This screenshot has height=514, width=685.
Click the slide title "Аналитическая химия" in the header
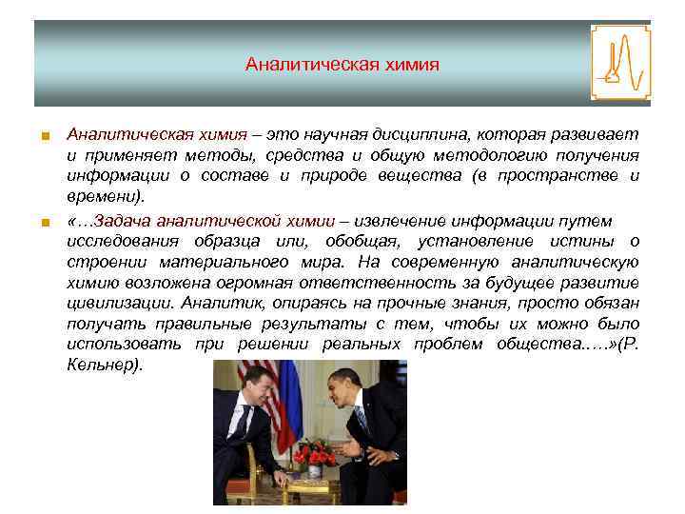click(342, 65)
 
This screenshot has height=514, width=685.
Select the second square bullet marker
click(43, 224)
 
